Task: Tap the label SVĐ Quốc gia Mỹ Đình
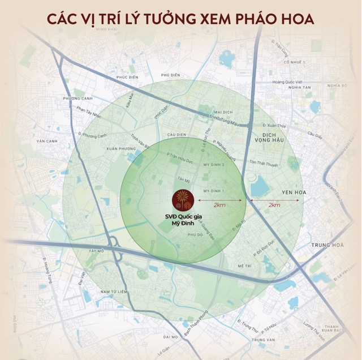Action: point(182,220)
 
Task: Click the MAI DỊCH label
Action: point(224,112)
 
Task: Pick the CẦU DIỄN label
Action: point(177,134)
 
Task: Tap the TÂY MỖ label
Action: point(97,250)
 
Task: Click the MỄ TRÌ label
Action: point(244,265)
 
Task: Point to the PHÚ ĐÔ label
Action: point(195,234)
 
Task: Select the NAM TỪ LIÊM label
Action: point(112,291)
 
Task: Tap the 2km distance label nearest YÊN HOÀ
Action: point(274,205)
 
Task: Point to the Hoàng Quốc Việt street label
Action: point(284,82)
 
